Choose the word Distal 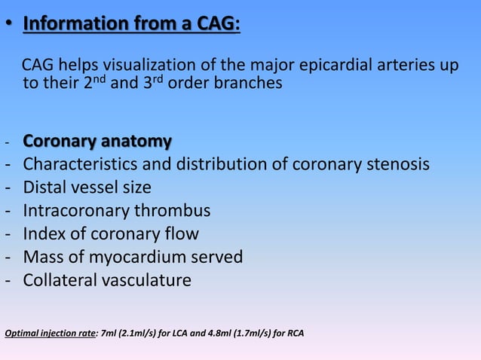point(44,188)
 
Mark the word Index point(44,234)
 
